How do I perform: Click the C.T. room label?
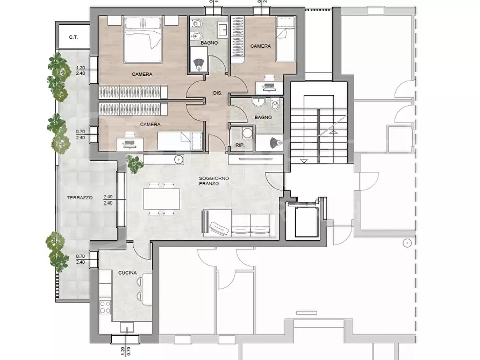coord(74,38)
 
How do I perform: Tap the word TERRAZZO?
coord(80,198)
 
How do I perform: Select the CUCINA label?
coord(127,273)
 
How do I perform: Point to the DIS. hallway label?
coord(218,93)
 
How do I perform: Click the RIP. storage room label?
coord(240,145)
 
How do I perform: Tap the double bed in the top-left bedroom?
coord(143,40)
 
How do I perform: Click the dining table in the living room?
coord(161,199)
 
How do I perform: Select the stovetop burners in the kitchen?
coord(105,307)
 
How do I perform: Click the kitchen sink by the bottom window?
coord(127,327)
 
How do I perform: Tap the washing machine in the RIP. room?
coord(247,133)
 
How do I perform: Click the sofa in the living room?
coord(239,224)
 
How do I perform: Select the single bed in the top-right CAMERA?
coord(285,39)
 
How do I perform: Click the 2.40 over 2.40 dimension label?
coord(108,200)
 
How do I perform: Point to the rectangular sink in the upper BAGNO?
coord(223,30)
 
